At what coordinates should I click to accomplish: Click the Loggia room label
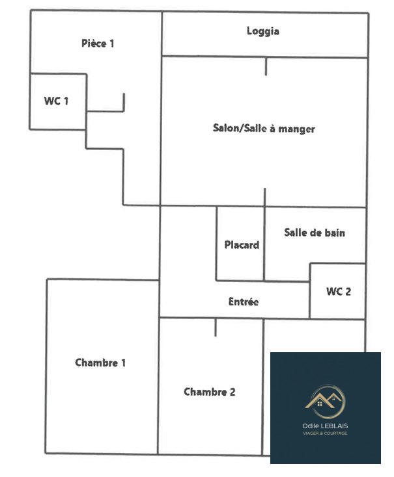(263, 31)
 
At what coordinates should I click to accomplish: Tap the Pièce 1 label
(98, 44)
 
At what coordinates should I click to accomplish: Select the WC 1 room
(56, 101)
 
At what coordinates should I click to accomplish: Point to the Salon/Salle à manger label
(264, 128)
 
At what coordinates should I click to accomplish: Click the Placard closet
(241, 245)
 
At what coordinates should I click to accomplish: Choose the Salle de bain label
(315, 233)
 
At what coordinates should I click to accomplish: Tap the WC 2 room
(338, 291)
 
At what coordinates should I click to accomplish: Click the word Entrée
(244, 302)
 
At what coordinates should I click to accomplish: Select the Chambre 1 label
(100, 363)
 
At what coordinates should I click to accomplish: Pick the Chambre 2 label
(209, 392)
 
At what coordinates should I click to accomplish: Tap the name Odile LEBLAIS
(325, 426)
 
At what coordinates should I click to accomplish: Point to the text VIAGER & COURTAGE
(325, 433)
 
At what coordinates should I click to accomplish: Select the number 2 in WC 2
(348, 291)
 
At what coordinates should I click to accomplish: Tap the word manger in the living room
(297, 129)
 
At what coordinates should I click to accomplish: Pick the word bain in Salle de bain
(333, 233)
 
